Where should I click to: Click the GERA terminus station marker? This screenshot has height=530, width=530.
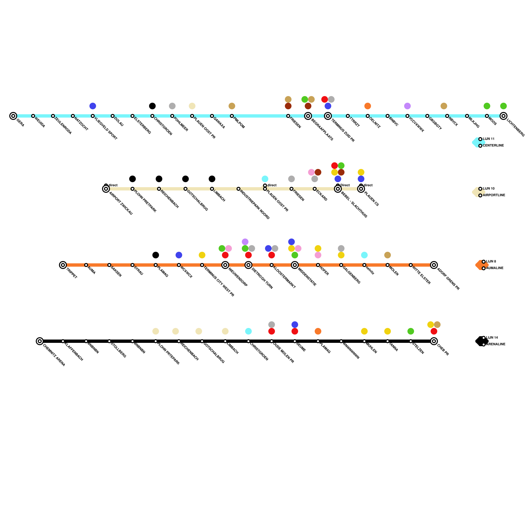point(13,116)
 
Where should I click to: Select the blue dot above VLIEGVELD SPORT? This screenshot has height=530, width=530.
point(93,106)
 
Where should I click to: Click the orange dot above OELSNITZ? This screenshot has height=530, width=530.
point(368,106)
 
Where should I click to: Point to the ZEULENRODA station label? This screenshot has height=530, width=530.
point(63,126)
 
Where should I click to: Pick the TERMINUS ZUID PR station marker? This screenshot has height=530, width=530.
point(328,116)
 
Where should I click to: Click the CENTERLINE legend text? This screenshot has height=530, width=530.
point(493,146)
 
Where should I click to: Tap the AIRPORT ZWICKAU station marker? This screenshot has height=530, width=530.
point(106,189)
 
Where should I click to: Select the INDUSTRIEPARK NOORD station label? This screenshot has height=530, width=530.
point(255,205)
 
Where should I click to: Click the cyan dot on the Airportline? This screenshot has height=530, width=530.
point(265,179)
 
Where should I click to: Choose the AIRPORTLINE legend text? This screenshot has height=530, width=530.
point(494,195)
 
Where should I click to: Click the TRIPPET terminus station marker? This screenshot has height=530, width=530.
point(63,265)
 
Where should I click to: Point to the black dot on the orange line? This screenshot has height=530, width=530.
point(156,255)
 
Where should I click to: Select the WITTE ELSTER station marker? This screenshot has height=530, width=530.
point(411,265)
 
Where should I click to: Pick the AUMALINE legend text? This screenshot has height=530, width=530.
point(495,268)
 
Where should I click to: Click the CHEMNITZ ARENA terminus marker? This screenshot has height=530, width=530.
point(40,341)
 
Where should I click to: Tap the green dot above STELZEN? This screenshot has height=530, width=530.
point(411,331)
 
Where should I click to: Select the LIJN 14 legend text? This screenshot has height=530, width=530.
point(492,338)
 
